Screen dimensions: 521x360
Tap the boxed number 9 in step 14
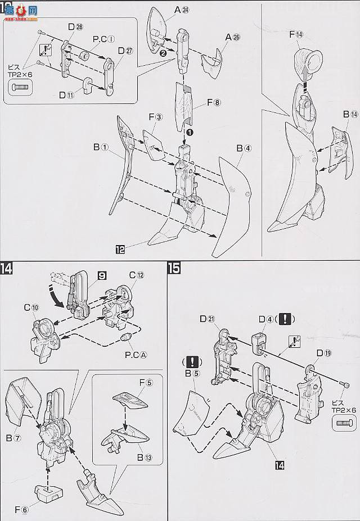102,276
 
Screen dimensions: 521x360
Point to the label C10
31,309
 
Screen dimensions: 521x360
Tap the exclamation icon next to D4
286,319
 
